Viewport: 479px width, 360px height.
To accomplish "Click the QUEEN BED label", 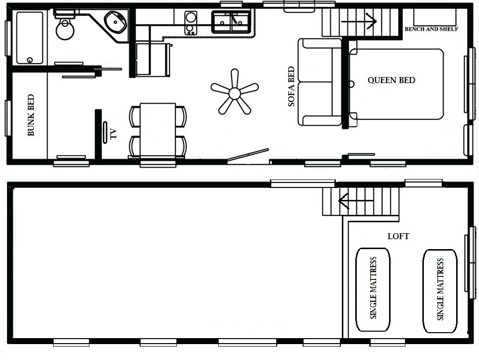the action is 392,80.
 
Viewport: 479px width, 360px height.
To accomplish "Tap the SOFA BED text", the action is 292,87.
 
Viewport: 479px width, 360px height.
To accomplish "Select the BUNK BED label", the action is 31,115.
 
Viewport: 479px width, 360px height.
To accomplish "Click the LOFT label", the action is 399,236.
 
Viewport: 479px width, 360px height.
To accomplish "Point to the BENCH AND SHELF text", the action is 431,29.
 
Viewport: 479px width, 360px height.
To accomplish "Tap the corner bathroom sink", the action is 115,22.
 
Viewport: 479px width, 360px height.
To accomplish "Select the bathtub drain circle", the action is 30,60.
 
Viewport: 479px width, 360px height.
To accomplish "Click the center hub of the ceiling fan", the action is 235,93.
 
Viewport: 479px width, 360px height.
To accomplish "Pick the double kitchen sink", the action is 232,22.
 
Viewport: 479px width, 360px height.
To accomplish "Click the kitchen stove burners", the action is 191,23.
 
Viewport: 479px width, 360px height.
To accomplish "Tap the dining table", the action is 158,130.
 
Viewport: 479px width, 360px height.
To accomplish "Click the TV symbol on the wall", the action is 105,132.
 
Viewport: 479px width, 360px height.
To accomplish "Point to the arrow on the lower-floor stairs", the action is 358,21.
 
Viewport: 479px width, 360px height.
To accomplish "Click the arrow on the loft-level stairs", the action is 356,201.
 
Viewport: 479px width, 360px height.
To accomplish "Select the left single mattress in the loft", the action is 373,289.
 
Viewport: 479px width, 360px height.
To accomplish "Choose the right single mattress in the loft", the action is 440,291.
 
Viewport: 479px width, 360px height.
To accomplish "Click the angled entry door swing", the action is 248,155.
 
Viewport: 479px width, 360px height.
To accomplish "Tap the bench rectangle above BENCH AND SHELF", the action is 435,17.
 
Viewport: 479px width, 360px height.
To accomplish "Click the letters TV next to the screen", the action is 114,134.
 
